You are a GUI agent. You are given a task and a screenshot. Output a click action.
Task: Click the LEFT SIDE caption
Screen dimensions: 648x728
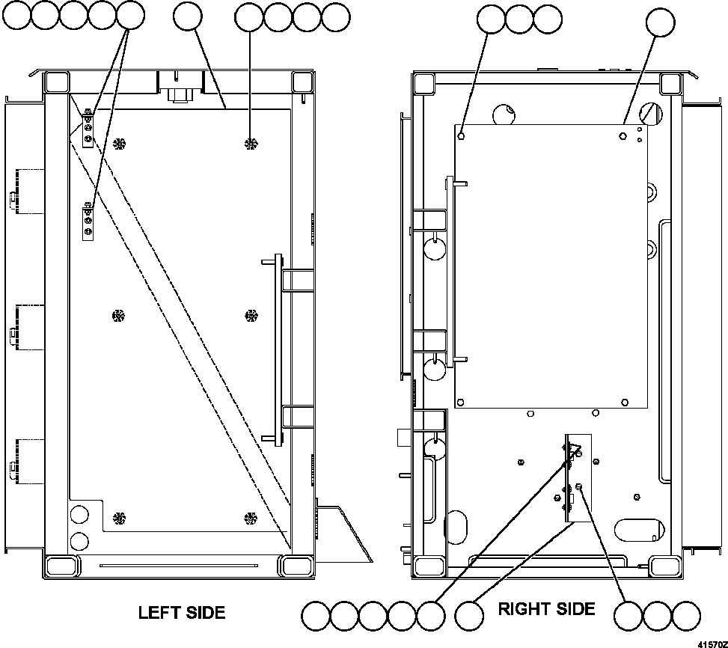(181, 612)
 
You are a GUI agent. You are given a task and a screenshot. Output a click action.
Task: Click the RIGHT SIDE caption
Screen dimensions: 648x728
(547, 609)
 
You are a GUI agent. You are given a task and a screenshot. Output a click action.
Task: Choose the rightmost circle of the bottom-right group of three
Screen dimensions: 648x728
(685, 617)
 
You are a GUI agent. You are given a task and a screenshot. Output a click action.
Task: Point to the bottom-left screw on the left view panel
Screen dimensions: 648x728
(117, 517)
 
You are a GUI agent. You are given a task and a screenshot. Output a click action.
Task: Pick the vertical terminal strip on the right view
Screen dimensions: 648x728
(578, 479)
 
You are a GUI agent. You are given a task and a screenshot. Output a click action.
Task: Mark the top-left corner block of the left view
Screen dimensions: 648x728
(56, 82)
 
